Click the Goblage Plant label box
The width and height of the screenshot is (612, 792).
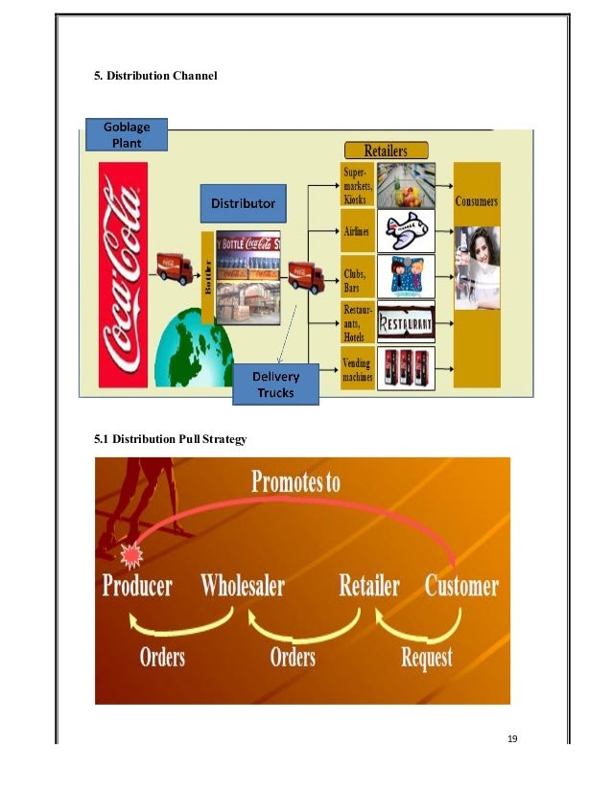(126, 134)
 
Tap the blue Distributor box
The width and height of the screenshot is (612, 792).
(243, 203)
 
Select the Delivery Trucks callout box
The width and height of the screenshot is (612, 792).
(275, 384)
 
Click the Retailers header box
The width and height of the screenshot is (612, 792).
(386, 151)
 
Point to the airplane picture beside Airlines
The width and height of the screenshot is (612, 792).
(406, 231)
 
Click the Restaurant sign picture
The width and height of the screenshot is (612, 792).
(406, 323)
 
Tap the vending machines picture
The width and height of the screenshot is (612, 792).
(406, 368)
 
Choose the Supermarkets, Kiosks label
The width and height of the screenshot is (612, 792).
(357, 185)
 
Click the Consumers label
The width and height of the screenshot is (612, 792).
(477, 202)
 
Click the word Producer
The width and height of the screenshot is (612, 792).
(138, 586)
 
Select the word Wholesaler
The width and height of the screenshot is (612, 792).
(243, 586)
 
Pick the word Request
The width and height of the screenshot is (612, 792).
(426, 658)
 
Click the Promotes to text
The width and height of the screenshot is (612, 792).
(295, 481)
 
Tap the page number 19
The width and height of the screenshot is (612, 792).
(511, 738)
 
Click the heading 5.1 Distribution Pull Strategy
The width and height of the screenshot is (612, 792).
(171, 439)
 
